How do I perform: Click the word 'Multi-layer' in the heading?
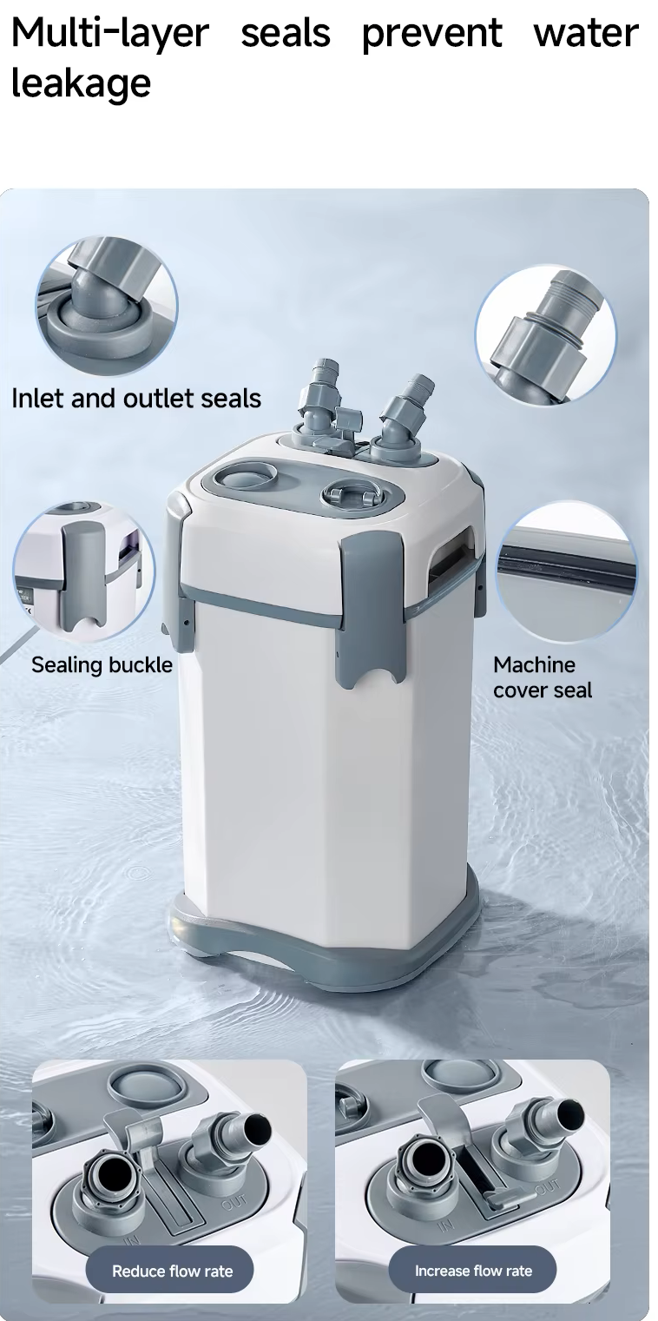point(110,33)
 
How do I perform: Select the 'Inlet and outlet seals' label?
point(136,399)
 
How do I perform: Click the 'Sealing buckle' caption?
point(102,665)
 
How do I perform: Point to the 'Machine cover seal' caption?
point(543,677)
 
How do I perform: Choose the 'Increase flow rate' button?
point(473,1271)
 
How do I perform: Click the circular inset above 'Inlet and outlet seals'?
point(107,306)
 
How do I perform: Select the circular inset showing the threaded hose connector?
point(546,335)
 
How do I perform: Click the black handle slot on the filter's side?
point(451,558)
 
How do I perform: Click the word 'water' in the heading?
point(585,33)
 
